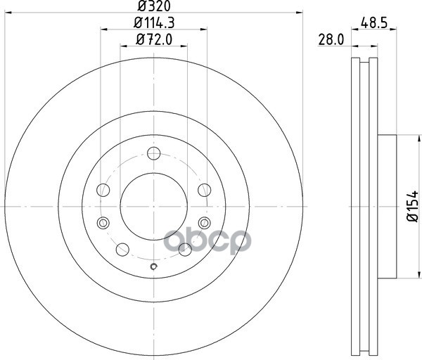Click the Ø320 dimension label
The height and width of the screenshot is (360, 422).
pyautogui.click(x=154, y=6)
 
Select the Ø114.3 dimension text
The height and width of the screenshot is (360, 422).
pyautogui.click(x=154, y=22)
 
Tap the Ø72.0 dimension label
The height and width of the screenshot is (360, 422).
pyautogui.click(x=154, y=39)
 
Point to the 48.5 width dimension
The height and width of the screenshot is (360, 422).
pyautogui.click(x=374, y=22)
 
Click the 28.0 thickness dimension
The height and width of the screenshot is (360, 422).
pyautogui.click(x=331, y=40)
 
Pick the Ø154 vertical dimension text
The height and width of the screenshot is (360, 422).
pyautogui.click(x=412, y=207)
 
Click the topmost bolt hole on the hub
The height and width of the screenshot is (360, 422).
pyautogui.click(x=154, y=153)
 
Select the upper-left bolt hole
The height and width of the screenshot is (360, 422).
pyautogui.click(x=103, y=191)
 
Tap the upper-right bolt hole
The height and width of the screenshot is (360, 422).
pyautogui.click(x=205, y=190)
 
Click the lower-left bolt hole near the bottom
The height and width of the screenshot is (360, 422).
pyautogui.click(x=122, y=250)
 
